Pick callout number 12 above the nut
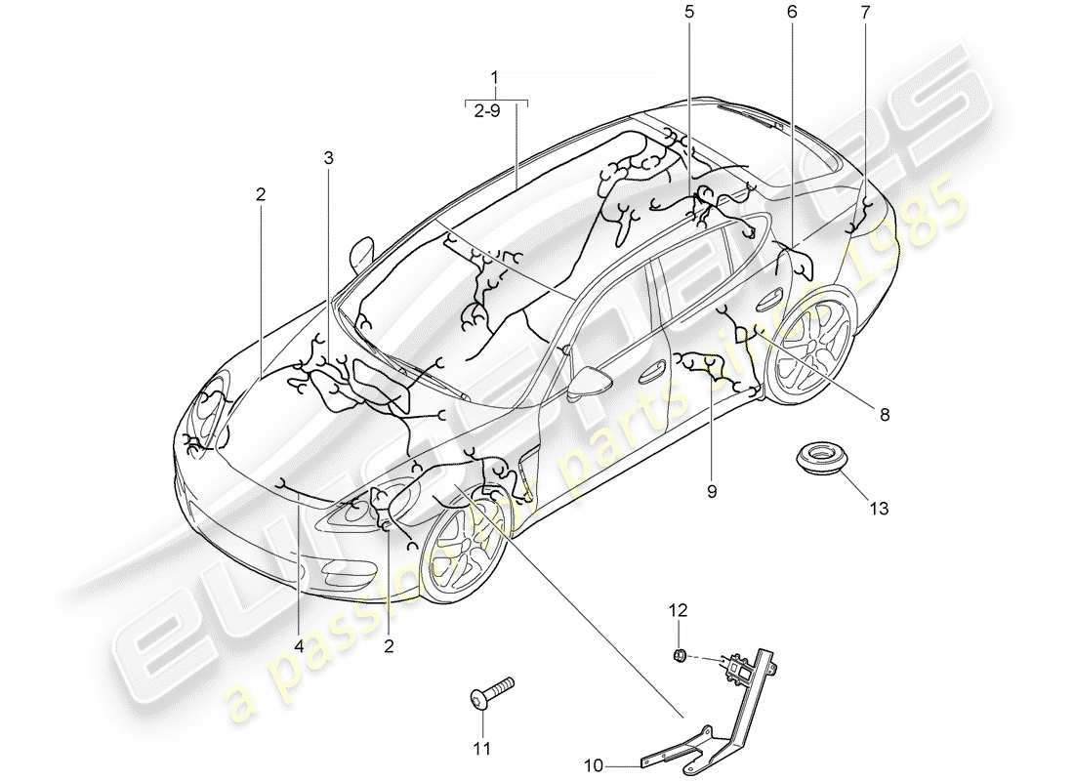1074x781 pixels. (x=678, y=610)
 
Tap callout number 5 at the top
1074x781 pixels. (x=690, y=12)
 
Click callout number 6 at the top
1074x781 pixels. (x=791, y=12)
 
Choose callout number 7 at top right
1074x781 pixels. (x=864, y=12)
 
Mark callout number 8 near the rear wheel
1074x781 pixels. (x=885, y=414)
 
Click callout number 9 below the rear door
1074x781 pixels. (x=712, y=492)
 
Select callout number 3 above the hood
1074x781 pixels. (x=328, y=156)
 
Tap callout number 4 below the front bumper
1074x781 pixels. (x=300, y=645)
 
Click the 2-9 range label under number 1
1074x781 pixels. (x=495, y=111)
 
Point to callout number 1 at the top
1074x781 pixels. (x=495, y=76)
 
